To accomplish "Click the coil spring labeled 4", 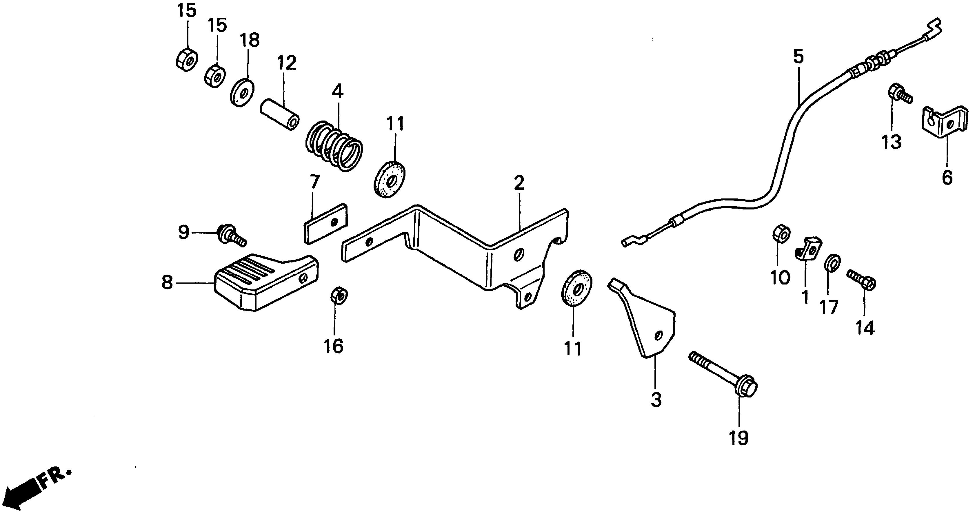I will tap(334, 145).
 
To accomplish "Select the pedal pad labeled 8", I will tap(265, 281).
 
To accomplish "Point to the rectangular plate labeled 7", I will tap(325, 223).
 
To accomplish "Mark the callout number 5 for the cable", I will tap(798, 57).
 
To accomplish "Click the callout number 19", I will tap(738, 438).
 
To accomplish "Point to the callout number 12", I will tap(287, 63).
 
